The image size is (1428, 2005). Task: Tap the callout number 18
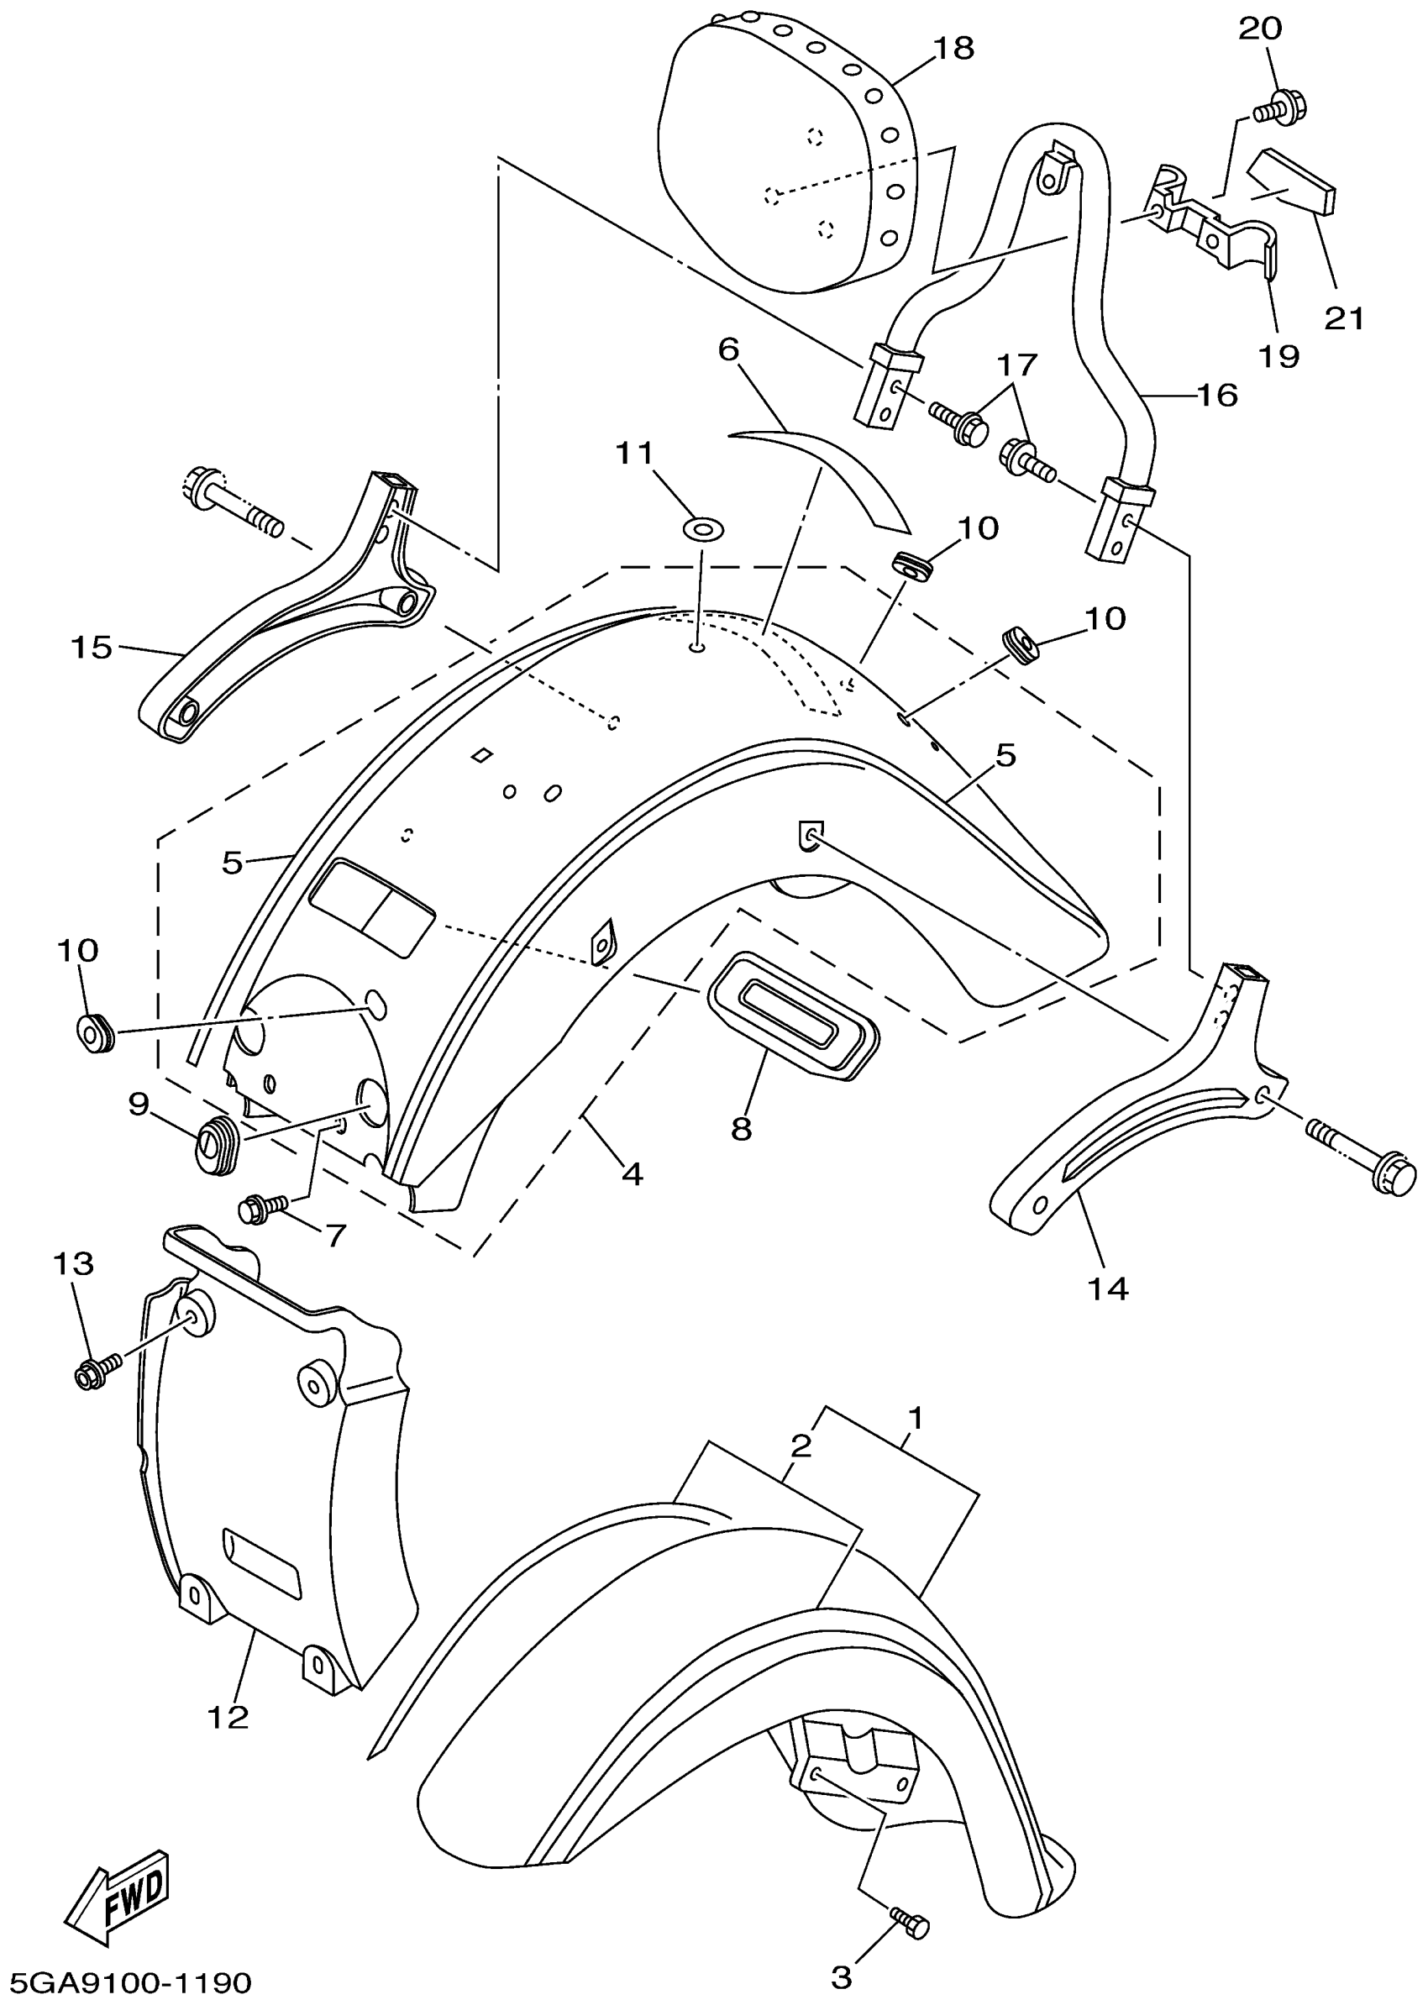954,49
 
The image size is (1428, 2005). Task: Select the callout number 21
1345,318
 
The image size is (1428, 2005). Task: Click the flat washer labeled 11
702,529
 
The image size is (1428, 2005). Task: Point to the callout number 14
1108,1290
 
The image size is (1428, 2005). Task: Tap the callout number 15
92,648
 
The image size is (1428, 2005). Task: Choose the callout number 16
1217,395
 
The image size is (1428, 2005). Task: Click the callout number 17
1017,363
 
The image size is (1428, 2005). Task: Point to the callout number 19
1278,355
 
